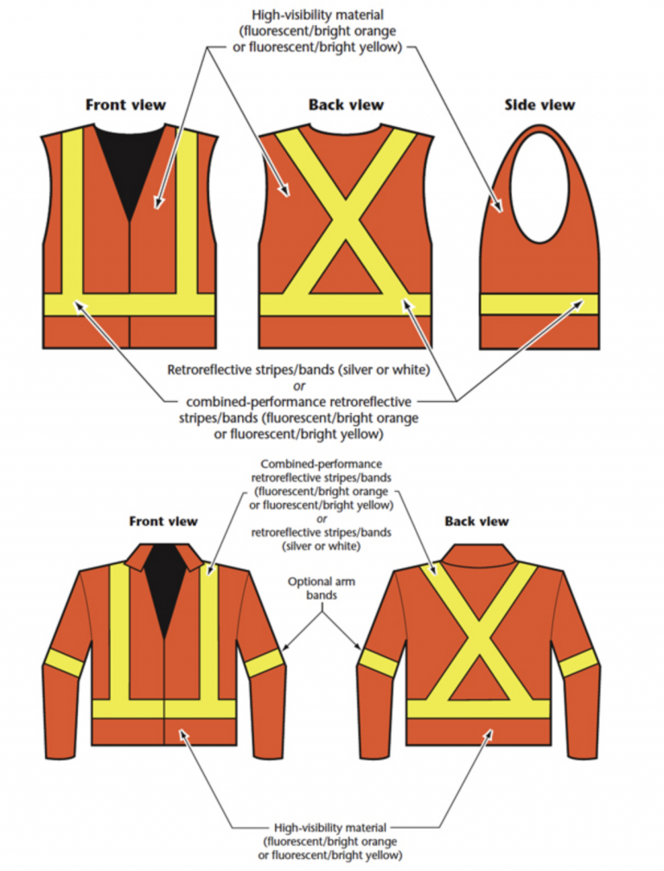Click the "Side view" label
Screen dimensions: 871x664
[539, 105]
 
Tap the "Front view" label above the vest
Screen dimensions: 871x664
[125, 105]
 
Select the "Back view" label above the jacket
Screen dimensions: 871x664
[476, 521]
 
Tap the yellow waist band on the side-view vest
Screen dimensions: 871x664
[539, 304]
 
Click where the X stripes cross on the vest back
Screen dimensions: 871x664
[345, 227]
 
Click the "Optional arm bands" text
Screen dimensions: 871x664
[322, 588]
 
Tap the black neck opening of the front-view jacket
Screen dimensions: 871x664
[164, 588]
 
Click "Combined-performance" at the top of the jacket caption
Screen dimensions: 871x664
[321, 464]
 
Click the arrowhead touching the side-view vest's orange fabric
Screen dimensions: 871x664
[499, 207]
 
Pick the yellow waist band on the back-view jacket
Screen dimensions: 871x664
[477, 709]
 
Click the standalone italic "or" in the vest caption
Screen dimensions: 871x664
[297, 385]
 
